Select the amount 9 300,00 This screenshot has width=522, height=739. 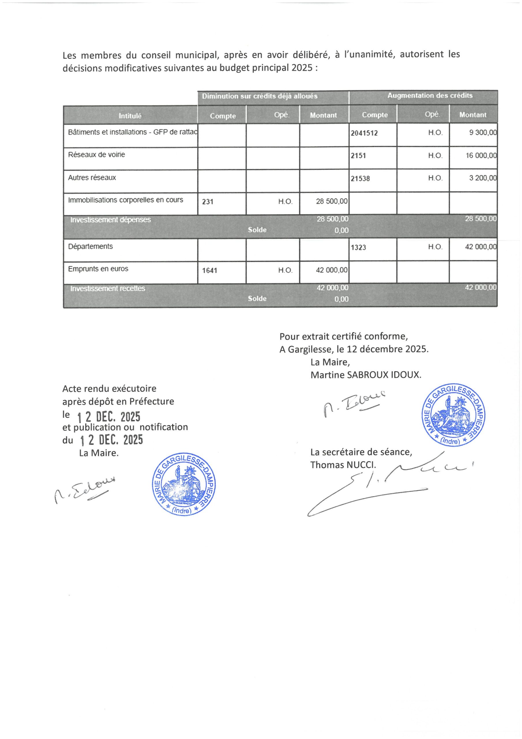tap(483, 133)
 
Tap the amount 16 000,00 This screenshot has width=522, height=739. tap(481, 156)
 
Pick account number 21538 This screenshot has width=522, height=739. tap(360, 179)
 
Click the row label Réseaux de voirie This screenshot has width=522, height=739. tap(97, 155)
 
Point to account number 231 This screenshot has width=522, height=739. tap(208, 202)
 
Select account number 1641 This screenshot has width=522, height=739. tap(210, 270)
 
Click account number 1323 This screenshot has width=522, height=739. tap(358, 247)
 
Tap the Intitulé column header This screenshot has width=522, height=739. tap(130, 116)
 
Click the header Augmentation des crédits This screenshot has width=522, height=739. tap(430, 96)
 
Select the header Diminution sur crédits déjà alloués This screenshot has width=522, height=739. tap(260, 96)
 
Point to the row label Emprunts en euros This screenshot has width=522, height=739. tap(98, 269)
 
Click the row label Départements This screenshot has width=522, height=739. tap(90, 247)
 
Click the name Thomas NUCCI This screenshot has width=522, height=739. tap(343, 465)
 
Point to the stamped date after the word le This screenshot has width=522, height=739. tap(109, 417)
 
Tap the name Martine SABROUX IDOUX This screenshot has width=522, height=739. tap(366, 375)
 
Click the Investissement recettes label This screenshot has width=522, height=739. tap(108, 288)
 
